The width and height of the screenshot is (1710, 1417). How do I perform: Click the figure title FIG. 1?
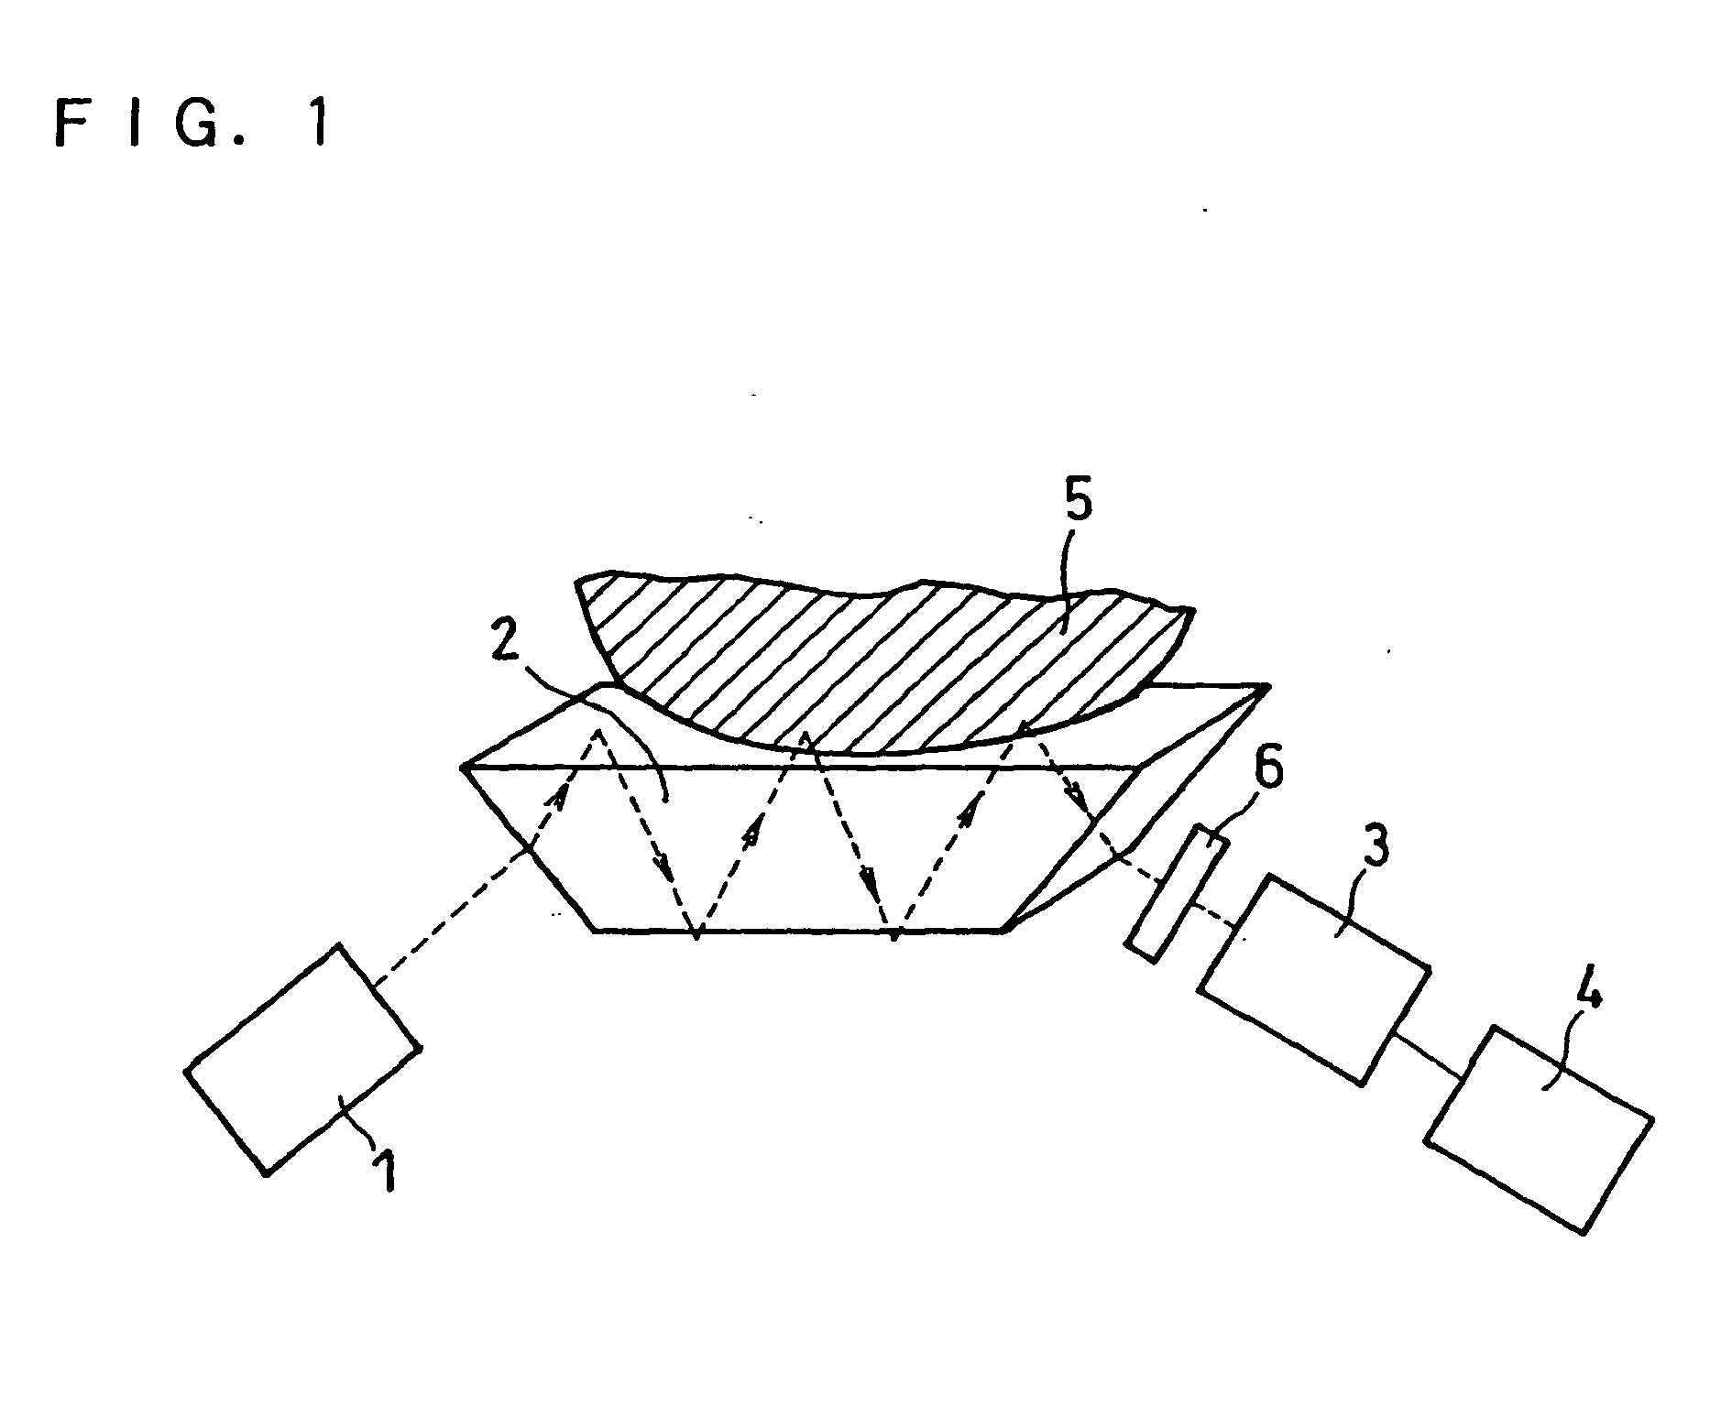tap(190, 124)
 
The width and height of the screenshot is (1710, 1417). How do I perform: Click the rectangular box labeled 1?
tap(302, 1058)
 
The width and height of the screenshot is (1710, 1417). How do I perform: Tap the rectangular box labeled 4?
tap(1538, 1128)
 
